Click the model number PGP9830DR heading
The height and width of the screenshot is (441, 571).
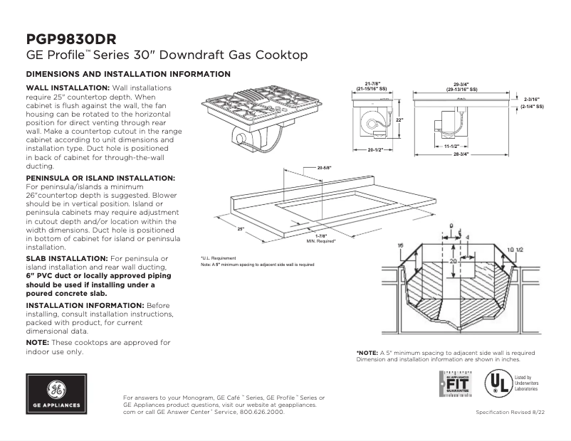click(x=71, y=38)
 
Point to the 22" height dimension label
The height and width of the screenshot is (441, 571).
click(x=399, y=120)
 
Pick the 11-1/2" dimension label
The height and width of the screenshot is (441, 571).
click(x=450, y=146)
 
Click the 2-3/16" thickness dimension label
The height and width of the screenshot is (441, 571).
click(x=532, y=99)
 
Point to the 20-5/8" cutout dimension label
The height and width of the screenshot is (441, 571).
click(x=325, y=167)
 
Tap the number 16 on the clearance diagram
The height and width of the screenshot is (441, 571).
click(x=400, y=245)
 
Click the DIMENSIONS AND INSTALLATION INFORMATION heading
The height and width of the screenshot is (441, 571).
click(x=128, y=74)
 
